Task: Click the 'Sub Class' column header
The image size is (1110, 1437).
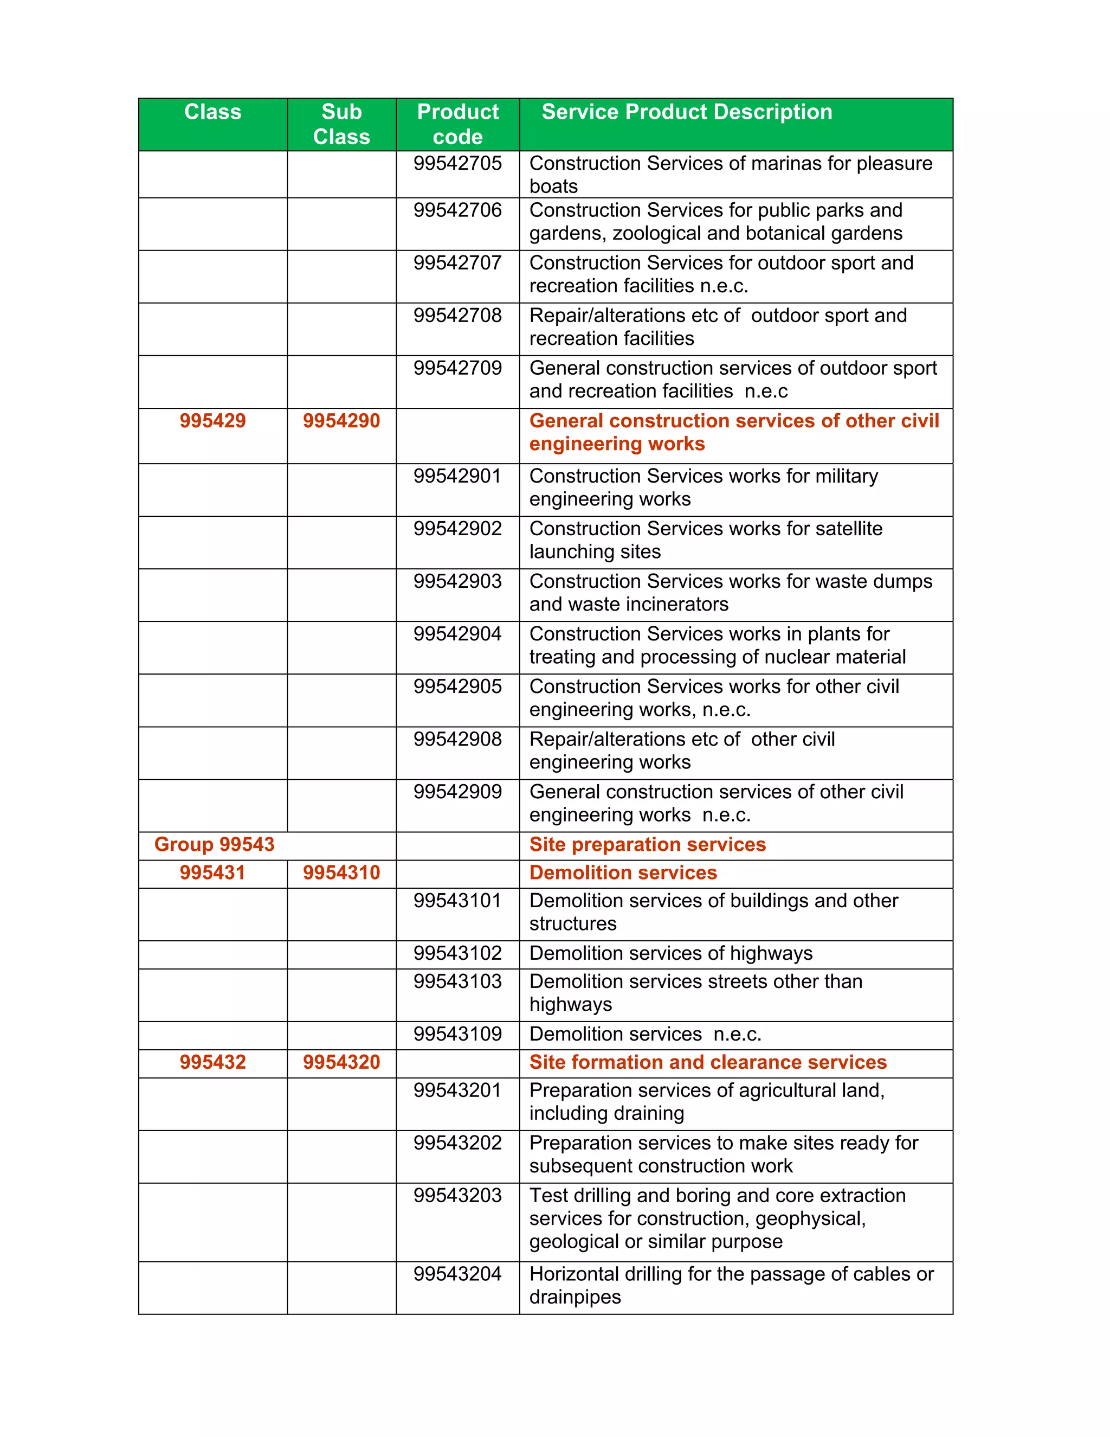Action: [341, 124]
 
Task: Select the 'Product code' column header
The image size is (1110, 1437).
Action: [457, 124]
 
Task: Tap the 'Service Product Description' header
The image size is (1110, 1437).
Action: [687, 112]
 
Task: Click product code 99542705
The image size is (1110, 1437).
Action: [457, 163]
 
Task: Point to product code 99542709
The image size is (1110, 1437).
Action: [457, 368]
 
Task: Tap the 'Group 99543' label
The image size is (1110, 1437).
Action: [215, 845]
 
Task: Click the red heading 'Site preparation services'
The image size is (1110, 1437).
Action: [648, 845]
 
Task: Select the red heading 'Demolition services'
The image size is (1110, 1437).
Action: [623, 873]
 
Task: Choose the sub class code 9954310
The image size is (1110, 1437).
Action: [341, 873]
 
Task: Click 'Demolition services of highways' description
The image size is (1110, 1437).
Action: [671, 954]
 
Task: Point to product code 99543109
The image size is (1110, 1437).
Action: [457, 1034]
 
